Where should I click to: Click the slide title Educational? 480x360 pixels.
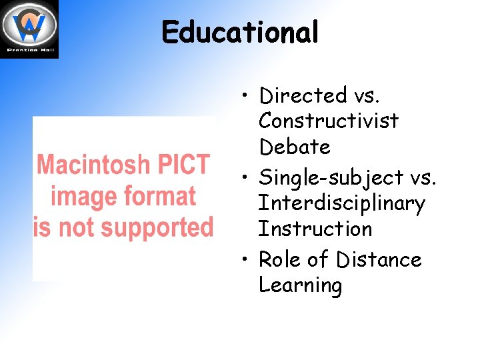(x=240, y=32)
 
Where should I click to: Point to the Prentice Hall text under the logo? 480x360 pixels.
(x=29, y=50)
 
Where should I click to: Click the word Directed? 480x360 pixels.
(x=303, y=96)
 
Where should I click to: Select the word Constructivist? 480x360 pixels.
(x=329, y=121)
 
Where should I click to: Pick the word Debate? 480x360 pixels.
(x=294, y=147)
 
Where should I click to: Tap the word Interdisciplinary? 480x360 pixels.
(x=341, y=203)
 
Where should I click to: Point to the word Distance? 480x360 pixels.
(x=379, y=259)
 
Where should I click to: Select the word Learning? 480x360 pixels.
(x=300, y=285)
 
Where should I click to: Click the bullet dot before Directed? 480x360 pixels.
(x=246, y=97)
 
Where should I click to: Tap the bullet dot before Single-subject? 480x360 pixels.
(x=246, y=178)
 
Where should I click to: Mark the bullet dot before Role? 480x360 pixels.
(x=246, y=259)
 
